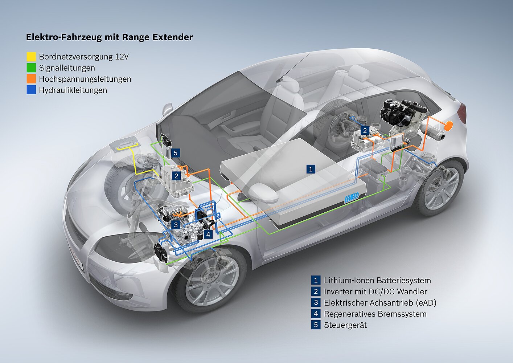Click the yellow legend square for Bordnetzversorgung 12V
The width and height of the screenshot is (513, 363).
pos(31,57)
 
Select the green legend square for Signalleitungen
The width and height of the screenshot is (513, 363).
pos(31,68)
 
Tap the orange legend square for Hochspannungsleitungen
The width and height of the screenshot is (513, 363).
pos(31,79)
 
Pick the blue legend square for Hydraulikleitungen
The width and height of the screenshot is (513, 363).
pos(31,90)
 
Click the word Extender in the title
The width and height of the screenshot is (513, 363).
pos(173,37)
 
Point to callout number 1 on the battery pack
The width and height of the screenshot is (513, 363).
pos(310,169)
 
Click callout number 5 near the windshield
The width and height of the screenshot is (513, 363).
pos(176,153)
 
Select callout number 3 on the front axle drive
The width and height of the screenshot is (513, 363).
pos(176,225)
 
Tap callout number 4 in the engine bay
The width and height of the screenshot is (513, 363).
pos(208,234)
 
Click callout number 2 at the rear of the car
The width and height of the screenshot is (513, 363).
pos(365,131)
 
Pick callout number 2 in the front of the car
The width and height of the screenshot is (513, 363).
pos(176,176)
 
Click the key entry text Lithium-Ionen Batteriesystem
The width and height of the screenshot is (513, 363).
pos(377,280)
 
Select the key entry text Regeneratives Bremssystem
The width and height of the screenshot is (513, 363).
pos(375,314)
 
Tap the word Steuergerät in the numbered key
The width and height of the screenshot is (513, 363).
pos(345,325)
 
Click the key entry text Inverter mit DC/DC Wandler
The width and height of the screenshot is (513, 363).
pos(375,291)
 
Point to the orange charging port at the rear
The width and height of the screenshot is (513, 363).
pos(449,126)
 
